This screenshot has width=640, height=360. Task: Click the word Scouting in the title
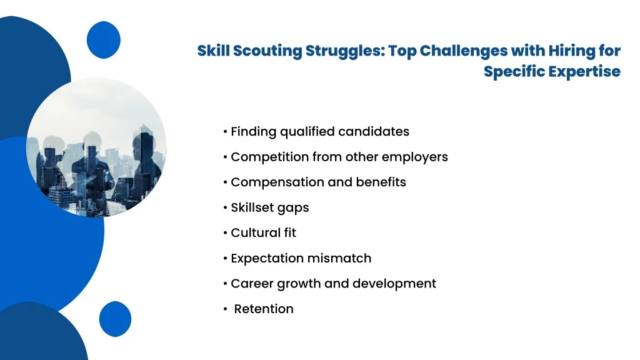267,51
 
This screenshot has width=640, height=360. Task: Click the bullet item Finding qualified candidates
320,132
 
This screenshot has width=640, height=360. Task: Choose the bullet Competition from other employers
339,157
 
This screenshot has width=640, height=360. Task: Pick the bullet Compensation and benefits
318,182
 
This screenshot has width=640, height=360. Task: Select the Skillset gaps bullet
270,207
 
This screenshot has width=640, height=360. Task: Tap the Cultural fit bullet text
263,232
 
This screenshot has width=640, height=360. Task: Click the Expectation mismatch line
301,258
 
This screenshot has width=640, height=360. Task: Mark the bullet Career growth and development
334,284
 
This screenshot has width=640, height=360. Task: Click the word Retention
264,309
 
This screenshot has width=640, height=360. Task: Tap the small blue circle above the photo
104,40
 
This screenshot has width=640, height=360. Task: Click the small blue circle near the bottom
115,319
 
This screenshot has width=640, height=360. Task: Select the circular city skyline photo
96,147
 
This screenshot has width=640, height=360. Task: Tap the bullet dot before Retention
225,309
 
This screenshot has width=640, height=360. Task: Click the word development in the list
394,284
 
